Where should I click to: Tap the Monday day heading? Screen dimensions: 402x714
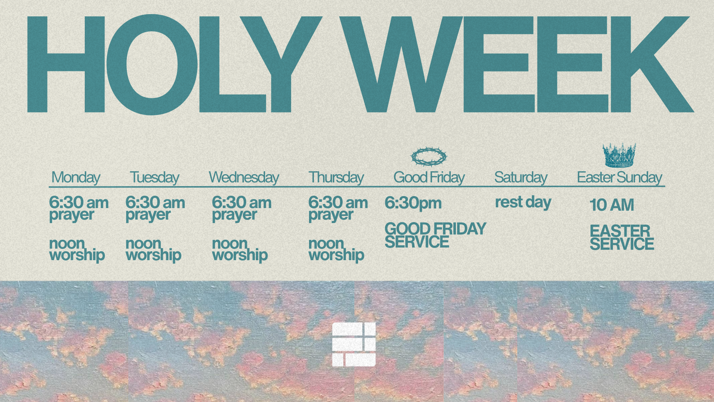coord(76,178)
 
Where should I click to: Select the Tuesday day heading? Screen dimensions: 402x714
coord(154,178)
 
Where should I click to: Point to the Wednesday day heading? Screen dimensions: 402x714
coord(244,178)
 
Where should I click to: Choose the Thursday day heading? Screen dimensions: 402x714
coord(336,178)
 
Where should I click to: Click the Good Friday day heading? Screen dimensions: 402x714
coord(429,178)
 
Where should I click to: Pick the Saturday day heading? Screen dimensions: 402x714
coord(521,178)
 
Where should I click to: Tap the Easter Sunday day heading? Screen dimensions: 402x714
coord(620,178)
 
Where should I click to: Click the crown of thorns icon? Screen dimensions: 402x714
coord(429,157)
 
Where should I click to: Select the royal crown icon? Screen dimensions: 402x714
coord(619,156)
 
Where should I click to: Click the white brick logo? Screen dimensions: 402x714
coord(354,344)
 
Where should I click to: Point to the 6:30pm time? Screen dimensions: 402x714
coord(413,203)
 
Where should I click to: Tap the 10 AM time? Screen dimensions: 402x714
coord(612,205)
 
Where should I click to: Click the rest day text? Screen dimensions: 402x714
coord(523,202)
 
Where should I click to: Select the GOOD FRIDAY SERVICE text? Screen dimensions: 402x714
coord(435,235)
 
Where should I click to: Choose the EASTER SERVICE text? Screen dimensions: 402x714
coord(621,237)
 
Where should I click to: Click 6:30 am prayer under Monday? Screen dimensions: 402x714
coord(78,208)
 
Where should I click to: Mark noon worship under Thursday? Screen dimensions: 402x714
coord(336,249)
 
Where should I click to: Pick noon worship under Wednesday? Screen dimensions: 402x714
coord(240,249)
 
